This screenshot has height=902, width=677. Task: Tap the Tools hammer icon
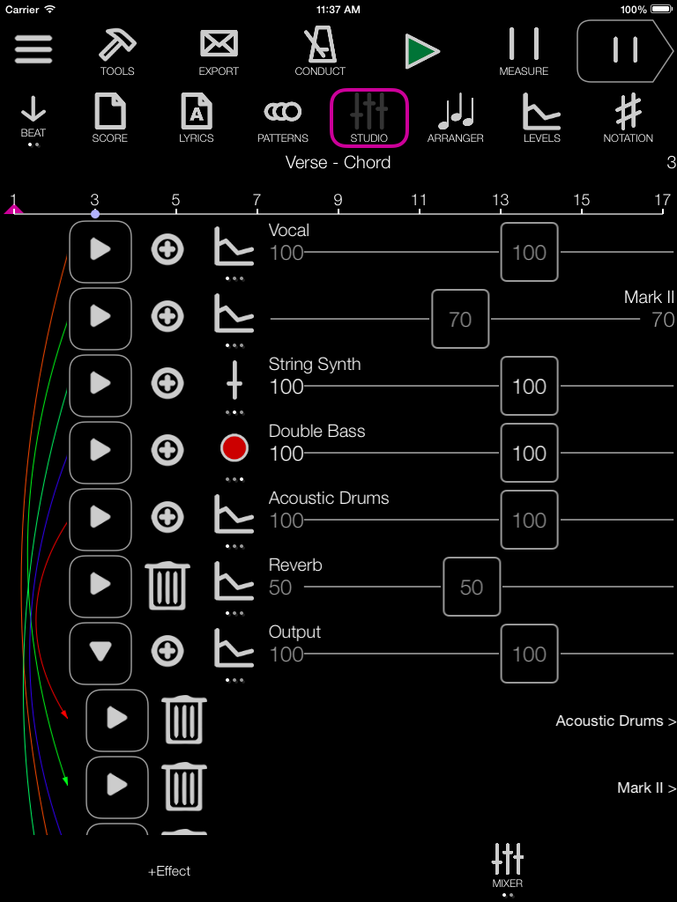(x=117, y=45)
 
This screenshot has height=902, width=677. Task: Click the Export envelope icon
(x=219, y=44)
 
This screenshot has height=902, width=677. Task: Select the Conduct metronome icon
(x=320, y=45)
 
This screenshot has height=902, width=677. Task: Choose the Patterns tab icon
(x=283, y=111)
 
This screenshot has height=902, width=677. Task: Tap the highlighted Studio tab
(x=369, y=118)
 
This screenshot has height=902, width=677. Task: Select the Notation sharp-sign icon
(x=628, y=111)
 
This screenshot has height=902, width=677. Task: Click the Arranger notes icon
(x=456, y=112)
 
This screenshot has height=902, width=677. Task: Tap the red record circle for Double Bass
(x=234, y=448)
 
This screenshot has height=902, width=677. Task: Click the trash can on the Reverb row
(x=167, y=586)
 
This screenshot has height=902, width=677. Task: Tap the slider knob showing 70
(x=460, y=319)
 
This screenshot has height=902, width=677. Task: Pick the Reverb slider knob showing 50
(x=472, y=587)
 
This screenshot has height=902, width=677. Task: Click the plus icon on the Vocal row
(x=167, y=250)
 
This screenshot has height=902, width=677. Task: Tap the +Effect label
(x=169, y=871)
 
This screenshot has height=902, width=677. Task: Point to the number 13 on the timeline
(x=501, y=200)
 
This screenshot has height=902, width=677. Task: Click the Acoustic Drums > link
(x=615, y=721)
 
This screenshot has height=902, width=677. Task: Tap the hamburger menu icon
(x=33, y=49)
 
